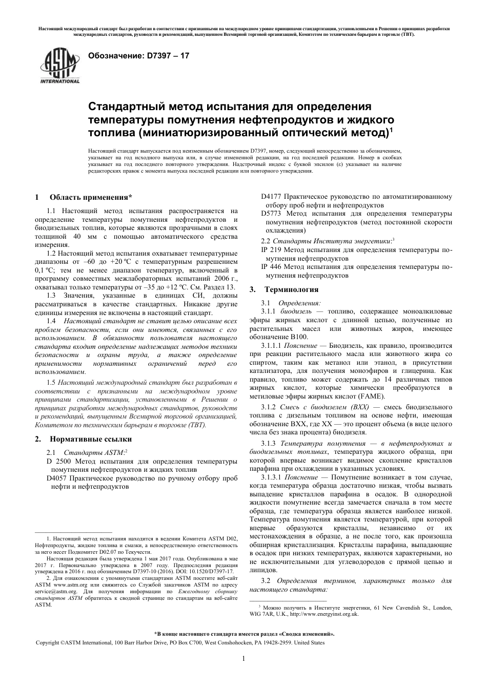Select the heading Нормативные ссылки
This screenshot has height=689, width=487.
pos(90,439)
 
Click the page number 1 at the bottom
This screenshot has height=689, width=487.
pos(243,659)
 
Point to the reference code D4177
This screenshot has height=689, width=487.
pos(271,197)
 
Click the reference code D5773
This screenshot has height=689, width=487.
pos(271,213)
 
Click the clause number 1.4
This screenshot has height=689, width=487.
pos(51,321)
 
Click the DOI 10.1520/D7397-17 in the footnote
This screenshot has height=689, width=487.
pos(210,571)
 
